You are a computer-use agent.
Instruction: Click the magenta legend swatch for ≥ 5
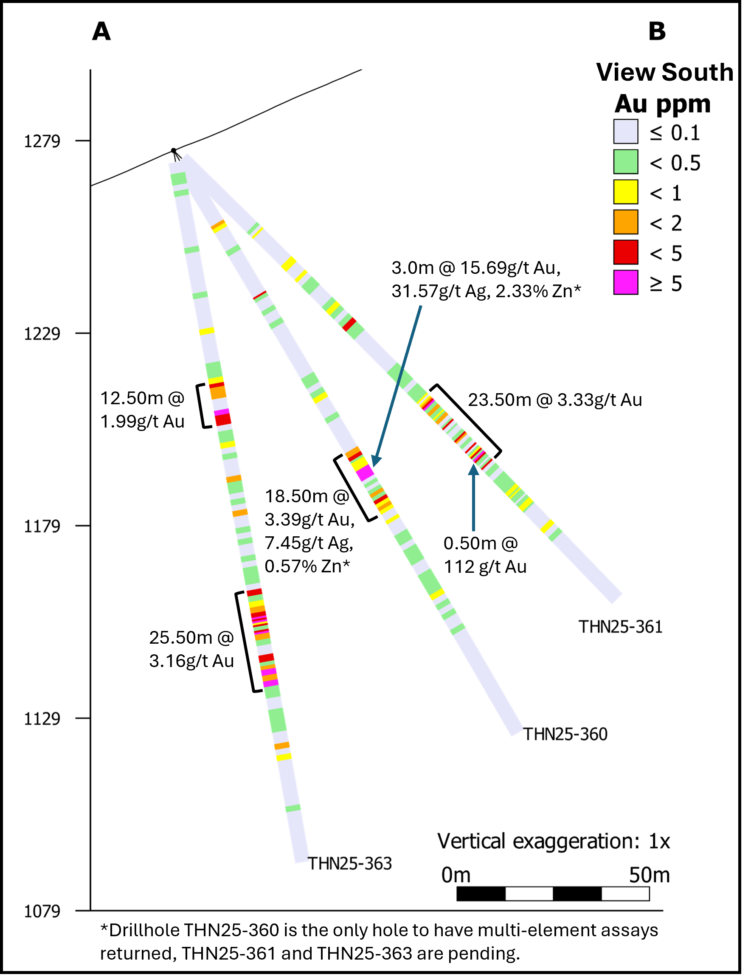pos(625,283)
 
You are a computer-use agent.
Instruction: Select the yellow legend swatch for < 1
pos(625,192)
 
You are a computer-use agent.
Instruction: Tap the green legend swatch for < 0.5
pos(625,161)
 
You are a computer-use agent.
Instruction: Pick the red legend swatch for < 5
pos(625,252)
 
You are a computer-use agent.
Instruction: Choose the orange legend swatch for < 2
pos(625,222)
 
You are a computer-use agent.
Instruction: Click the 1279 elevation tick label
pos(42,141)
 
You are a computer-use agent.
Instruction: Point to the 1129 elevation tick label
pos(42,718)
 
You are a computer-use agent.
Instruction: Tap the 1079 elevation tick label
pos(42,911)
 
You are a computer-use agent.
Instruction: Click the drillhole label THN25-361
pos(620,627)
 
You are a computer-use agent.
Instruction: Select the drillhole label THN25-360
pos(565,734)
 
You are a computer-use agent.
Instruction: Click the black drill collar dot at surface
pos(174,151)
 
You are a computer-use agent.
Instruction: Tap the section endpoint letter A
pos(101,32)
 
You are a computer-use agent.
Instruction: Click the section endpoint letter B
pos(657,32)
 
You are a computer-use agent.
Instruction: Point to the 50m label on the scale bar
pos(649,875)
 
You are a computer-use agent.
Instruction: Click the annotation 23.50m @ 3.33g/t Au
pos(555,400)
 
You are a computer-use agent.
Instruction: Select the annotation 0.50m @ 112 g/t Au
pos(484,555)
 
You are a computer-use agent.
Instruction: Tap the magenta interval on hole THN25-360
pos(366,472)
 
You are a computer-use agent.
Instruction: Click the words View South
pos(665,72)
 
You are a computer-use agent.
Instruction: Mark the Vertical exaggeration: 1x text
pos(554,842)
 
